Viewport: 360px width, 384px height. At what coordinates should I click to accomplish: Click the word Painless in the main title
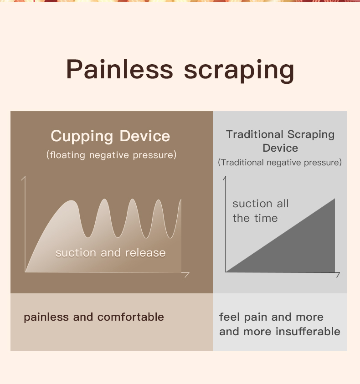click(x=119, y=69)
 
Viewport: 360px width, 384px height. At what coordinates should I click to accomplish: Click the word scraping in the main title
click(x=239, y=71)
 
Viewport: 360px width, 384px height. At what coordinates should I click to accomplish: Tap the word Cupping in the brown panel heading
click(x=82, y=136)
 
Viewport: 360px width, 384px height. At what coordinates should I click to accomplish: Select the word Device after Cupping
click(x=144, y=136)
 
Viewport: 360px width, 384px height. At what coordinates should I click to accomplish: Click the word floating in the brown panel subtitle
click(x=67, y=155)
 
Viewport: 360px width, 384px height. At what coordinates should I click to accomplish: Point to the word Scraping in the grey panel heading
click(x=311, y=135)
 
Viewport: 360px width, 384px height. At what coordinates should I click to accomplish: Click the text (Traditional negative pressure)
click(x=280, y=163)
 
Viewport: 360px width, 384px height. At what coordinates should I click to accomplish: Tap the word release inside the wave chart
click(x=145, y=253)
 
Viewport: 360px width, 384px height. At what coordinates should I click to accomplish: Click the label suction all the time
click(x=261, y=211)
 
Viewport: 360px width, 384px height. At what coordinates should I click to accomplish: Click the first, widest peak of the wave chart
click(x=71, y=201)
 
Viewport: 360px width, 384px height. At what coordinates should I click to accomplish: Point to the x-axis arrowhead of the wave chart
click(x=187, y=275)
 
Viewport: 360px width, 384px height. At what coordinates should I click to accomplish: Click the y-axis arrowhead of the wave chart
click(x=24, y=178)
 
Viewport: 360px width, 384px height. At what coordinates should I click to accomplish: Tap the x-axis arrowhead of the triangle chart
click(x=338, y=275)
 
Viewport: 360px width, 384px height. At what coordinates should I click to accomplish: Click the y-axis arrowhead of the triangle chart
click(x=225, y=178)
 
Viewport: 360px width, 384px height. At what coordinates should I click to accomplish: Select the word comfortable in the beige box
click(x=131, y=317)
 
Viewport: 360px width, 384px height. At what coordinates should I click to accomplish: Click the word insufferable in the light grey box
click(x=308, y=331)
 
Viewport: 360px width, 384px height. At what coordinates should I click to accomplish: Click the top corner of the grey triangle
click(x=335, y=199)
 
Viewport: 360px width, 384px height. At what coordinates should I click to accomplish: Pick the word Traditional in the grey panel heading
click(x=255, y=134)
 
